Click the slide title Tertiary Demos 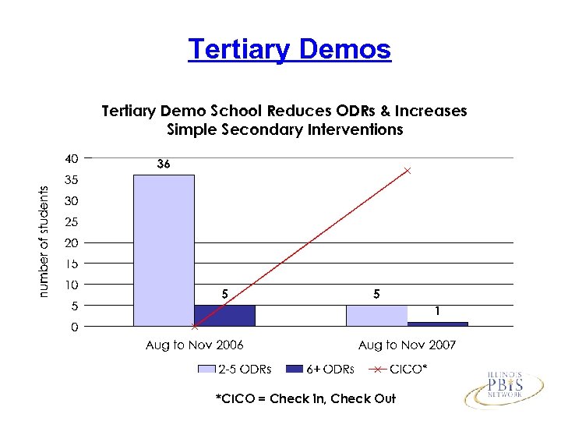pyautogui.click(x=289, y=49)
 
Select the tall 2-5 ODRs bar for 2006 pyautogui.click(x=164, y=249)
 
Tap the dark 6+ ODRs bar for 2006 pyautogui.click(x=224, y=315)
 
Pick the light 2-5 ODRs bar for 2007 pyautogui.click(x=376, y=315)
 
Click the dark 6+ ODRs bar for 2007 pyautogui.click(x=437, y=324)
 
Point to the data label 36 pyautogui.click(x=163, y=165)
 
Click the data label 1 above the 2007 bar pyautogui.click(x=438, y=311)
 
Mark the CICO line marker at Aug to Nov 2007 pyautogui.click(x=407, y=170)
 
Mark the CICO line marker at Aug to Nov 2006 pyautogui.click(x=194, y=326)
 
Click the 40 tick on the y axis pyautogui.click(x=71, y=158)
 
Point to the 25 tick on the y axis pyautogui.click(x=71, y=221)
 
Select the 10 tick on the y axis pyautogui.click(x=71, y=285)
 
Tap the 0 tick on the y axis pyautogui.click(x=74, y=327)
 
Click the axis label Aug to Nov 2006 pyautogui.click(x=195, y=345)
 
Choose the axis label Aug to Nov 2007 pyautogui.click(x=407, y=345)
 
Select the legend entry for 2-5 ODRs pyautogui.click(x=235, y=369)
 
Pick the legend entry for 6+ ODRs pyautogui.click(x=320, y=369)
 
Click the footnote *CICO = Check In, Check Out pyautogui.click(x=305, y=398)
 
